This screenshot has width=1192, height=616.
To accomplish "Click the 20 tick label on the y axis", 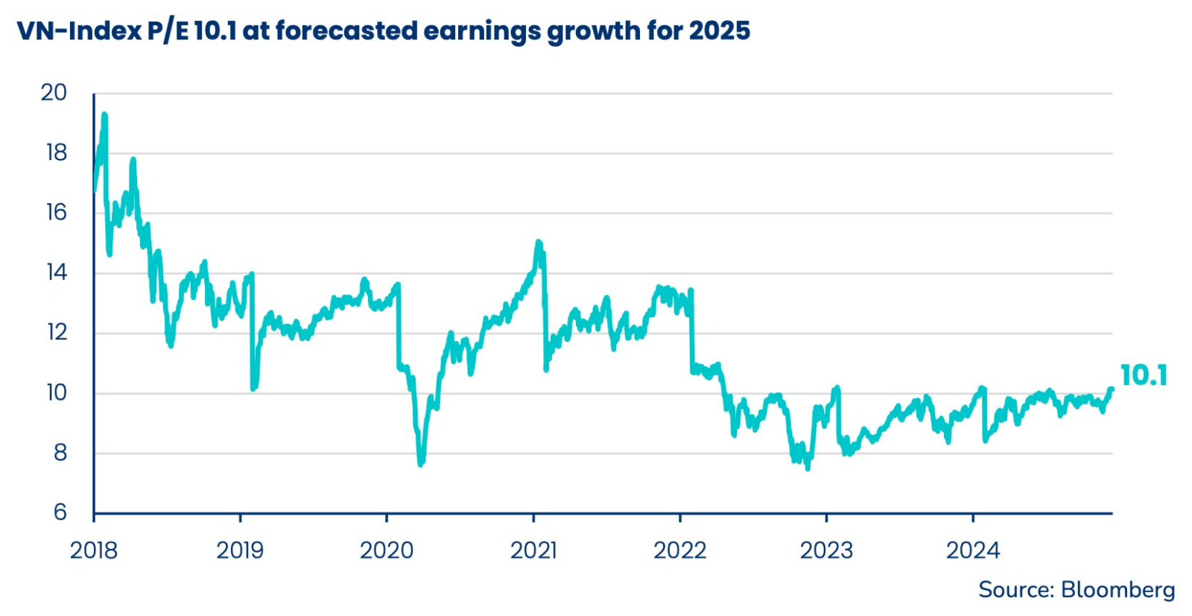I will [54, 93].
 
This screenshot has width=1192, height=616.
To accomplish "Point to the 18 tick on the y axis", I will [56, 153].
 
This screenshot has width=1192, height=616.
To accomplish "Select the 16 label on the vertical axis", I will [56, 213].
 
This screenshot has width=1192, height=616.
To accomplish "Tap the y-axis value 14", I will [56, 273].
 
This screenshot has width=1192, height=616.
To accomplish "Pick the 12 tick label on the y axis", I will [57, 332].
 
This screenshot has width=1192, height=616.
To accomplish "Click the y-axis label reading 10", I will [56, 393].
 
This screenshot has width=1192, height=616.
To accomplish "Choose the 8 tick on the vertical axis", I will [60, 453].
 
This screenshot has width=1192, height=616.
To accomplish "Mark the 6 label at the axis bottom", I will [60, 512].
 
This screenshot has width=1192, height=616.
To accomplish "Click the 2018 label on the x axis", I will [94, 550].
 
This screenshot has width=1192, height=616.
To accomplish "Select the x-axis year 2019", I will [240, 550].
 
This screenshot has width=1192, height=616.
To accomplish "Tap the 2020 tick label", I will [387, 550].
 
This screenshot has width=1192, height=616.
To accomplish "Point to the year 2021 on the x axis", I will [533, 550].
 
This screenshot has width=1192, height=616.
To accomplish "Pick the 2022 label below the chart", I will [679, 550].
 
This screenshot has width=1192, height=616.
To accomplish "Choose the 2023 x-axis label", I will [826, 550].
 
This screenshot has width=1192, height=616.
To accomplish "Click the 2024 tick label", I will [972, 550].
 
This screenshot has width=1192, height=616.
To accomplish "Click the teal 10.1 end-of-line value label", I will [1144, 375].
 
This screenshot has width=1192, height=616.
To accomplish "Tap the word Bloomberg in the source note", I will [1117, 590].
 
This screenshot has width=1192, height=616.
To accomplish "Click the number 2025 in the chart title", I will [719, 31].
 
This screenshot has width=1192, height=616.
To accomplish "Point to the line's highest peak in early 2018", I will [104, 115].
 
